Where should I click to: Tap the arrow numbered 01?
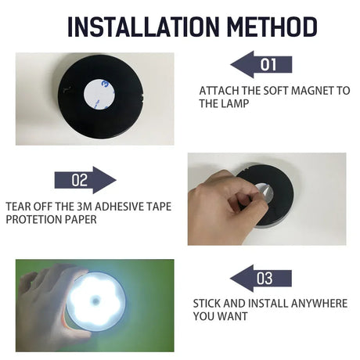click(x=261, y=64)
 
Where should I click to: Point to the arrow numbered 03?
click(x=261, y=278)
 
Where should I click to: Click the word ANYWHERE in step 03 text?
click(x=313, y=303)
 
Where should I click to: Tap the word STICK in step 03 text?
click(x=208, y=303)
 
